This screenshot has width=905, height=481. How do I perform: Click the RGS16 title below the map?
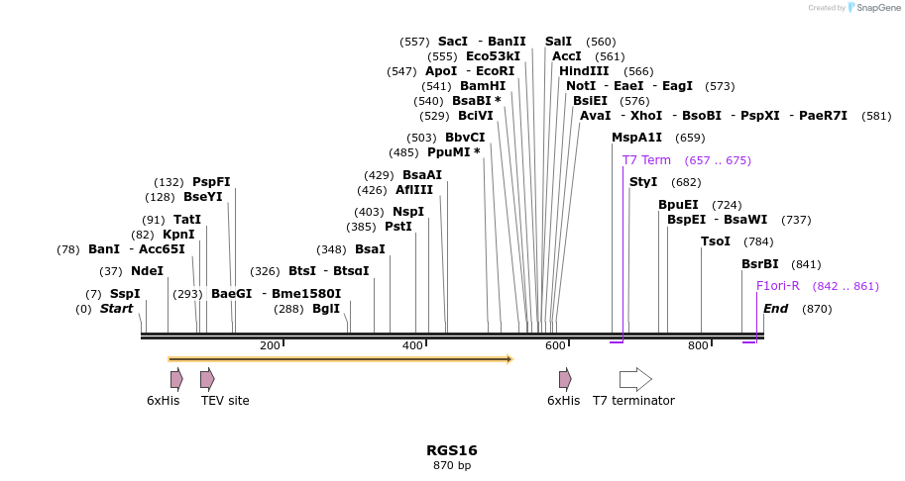tap(452, 450)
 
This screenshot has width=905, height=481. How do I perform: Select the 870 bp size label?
tap(452, 465)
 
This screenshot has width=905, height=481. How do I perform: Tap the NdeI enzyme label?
tap(147, 271)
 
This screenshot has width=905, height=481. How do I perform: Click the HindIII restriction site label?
tap(584, 71)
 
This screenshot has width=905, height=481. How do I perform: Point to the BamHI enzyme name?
tap(483, 86)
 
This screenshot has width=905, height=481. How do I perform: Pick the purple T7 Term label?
tap(646, 160)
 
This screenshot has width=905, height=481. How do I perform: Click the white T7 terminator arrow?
tap(635, 379)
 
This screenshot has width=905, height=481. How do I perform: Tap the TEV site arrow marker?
tap(207, 379)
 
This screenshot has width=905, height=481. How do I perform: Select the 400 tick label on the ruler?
tap(412, 345)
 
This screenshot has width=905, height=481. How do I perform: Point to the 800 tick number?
tap(698, 345)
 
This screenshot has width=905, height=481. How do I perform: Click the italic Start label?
tap(116, 309)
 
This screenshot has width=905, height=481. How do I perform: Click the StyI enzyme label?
tap(643, 182)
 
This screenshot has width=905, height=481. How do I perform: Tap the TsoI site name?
tap(716, 241)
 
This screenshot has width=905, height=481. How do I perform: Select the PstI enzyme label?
tap(398, 227)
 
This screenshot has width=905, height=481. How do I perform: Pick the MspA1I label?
tap(636, 138)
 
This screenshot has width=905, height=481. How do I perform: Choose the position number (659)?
tap(690, 138)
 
